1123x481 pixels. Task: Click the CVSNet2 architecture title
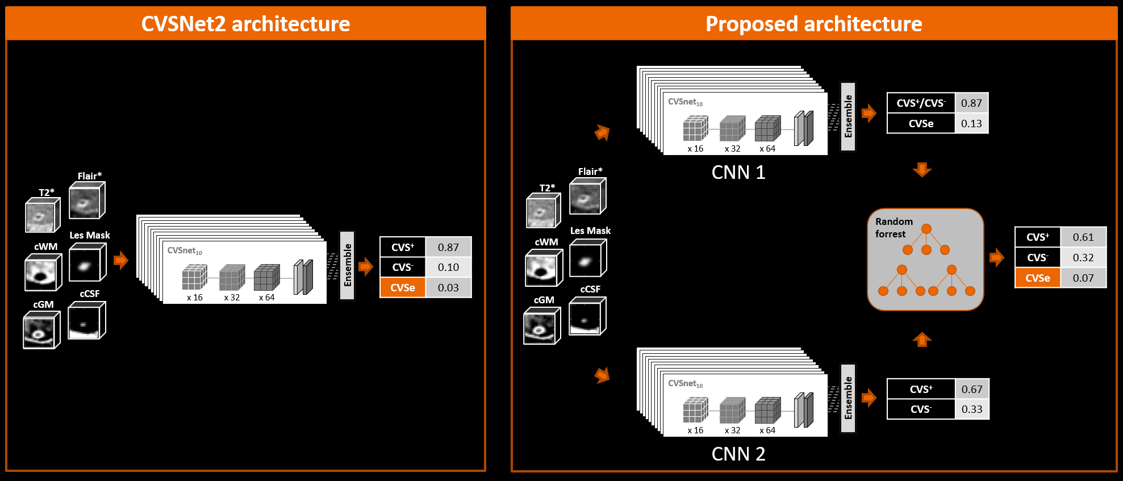[x=245, y=24]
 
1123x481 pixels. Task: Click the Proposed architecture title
[x=813, y=24]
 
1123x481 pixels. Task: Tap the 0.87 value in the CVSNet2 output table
[x=448, y=247]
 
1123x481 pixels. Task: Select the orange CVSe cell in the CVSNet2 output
[x=403, y=287]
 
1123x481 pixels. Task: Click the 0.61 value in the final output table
[x=1083, y=237]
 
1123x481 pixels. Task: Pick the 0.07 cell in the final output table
[x=1083, y=278]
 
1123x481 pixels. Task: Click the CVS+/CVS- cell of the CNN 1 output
[x=921, y=103]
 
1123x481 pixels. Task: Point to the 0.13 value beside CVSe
[x=971, y=123]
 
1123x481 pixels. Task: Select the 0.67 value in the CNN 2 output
[x=971, y=389]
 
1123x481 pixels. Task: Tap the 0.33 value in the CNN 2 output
[x=971, y=409]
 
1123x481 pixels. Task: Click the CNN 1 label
[x=738, y=172]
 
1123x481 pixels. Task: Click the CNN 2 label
[x=738, y=454]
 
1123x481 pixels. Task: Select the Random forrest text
[x=894, y=228]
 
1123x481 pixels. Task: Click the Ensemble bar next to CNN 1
[x=848, y=116]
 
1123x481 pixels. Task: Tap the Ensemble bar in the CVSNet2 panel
[x=347, y=265]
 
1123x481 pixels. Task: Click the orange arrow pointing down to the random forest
[x=922, y=169]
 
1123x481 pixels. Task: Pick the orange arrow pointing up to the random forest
[x=922, y=340]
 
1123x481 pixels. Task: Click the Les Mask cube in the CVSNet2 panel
[x=87, y=263]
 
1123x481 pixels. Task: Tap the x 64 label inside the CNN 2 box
[x=767, y=430]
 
